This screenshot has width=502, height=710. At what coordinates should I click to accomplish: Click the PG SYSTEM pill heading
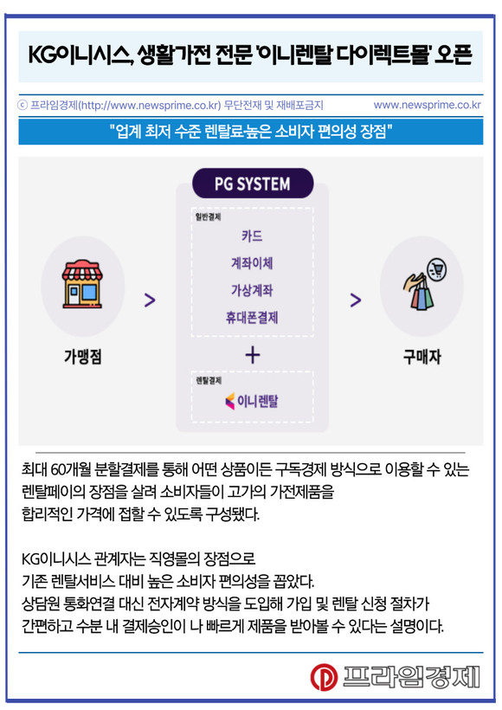253,184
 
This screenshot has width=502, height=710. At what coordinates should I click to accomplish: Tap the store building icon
82,284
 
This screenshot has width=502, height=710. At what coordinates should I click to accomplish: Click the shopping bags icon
424,284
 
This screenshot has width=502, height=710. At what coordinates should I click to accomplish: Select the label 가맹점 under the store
83,357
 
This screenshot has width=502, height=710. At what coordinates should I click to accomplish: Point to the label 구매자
422,357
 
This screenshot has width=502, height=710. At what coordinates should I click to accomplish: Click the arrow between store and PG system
150,300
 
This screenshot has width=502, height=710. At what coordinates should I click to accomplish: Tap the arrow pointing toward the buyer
356,300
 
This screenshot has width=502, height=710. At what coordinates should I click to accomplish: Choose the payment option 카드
252,236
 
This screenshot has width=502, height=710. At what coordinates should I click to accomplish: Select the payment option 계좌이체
252,263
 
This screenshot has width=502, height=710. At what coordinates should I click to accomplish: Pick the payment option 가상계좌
252,290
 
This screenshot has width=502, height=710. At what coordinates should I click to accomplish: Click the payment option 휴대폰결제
252,318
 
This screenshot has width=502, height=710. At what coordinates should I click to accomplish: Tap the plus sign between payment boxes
253,355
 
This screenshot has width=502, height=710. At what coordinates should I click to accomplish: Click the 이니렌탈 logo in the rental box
252,401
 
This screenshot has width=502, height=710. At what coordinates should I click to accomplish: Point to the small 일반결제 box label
209,216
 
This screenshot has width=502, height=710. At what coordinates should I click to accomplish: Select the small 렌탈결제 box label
209,380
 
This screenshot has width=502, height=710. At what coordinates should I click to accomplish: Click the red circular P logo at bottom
324,677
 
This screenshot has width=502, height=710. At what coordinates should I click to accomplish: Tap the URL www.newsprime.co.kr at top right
427,105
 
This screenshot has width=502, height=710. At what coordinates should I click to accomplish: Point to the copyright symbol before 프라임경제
23,105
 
